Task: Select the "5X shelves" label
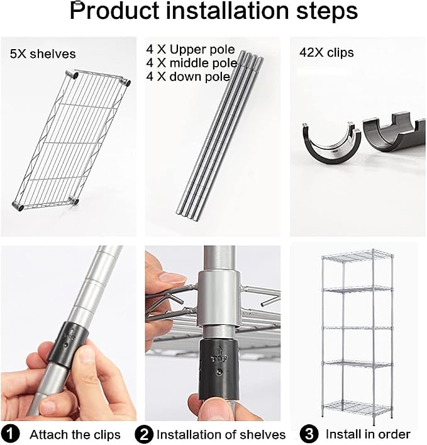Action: pyautogui.click(x=43, y=54)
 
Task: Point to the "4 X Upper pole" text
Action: pyautogui.click(x=191, y=50)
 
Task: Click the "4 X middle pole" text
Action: pyautogui.click(x=192, y=63)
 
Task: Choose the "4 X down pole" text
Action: pyautogui.click(x=188, y=77)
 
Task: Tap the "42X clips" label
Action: pyautogui.click(x=326, y=52)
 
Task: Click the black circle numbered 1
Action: pyautogui.click(x=9, y=434)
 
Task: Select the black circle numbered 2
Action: pyautogui.click(x=144, y=434)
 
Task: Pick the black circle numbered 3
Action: pyautogui.click(x=309, y=434)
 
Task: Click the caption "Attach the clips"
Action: pyautogui.click(x=75, y=434)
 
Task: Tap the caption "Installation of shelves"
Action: pyautogui.click(x=221, y=434)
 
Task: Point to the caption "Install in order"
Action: pyautogui.click(x=368, y=434)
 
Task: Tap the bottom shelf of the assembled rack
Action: pyautogui.click(x=358, y=408)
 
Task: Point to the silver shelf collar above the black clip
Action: pyautogui.click(x=219, y=298)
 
